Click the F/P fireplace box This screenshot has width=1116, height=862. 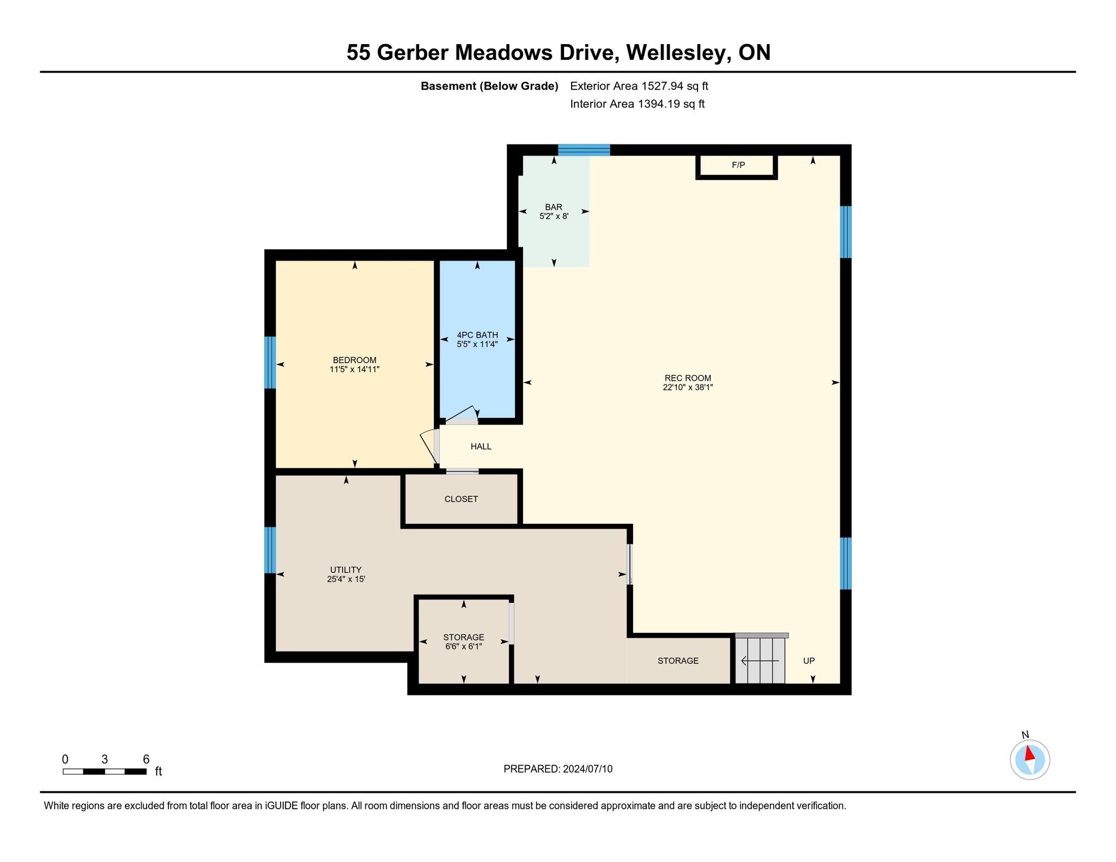point(736,167)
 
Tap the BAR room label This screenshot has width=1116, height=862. point(554,207)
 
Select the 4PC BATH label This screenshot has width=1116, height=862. point(477,335)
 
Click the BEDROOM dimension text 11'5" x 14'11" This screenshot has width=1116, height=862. point(354,369)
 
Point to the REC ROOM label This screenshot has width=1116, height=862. point(688,378)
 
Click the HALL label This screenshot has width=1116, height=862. point(481,447)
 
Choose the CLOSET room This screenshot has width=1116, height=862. point(461,499)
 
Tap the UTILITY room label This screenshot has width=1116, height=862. point(345,570)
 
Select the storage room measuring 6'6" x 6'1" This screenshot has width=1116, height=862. point(464,641)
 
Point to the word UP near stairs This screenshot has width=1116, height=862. point(809,661)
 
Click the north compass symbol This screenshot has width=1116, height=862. point(1030,759)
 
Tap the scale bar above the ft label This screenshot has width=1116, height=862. point(105,771)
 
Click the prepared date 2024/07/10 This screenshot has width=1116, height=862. point(588,769)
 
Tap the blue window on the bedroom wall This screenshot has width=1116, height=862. point(270,362)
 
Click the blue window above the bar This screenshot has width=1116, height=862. point(584,150)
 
